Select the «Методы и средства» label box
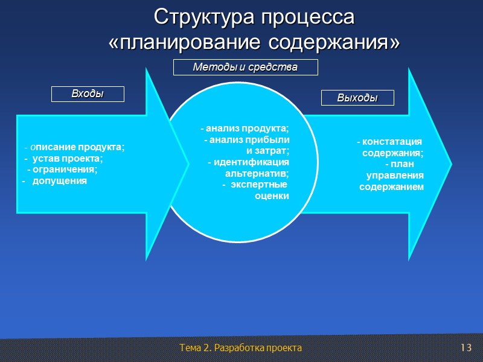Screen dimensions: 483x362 (245, 68)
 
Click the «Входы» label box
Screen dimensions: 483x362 (88, 94)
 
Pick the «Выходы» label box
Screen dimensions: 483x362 (357, 98)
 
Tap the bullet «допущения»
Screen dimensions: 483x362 (59, 180)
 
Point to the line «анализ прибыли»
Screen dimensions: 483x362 (248, 139)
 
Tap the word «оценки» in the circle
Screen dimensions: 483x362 (272, 195)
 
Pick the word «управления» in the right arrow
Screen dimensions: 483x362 (395, 176)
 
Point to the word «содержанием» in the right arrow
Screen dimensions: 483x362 (391, 187)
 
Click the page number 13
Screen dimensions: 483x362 (465, 348)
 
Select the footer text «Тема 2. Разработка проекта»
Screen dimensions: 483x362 (240, 348)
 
